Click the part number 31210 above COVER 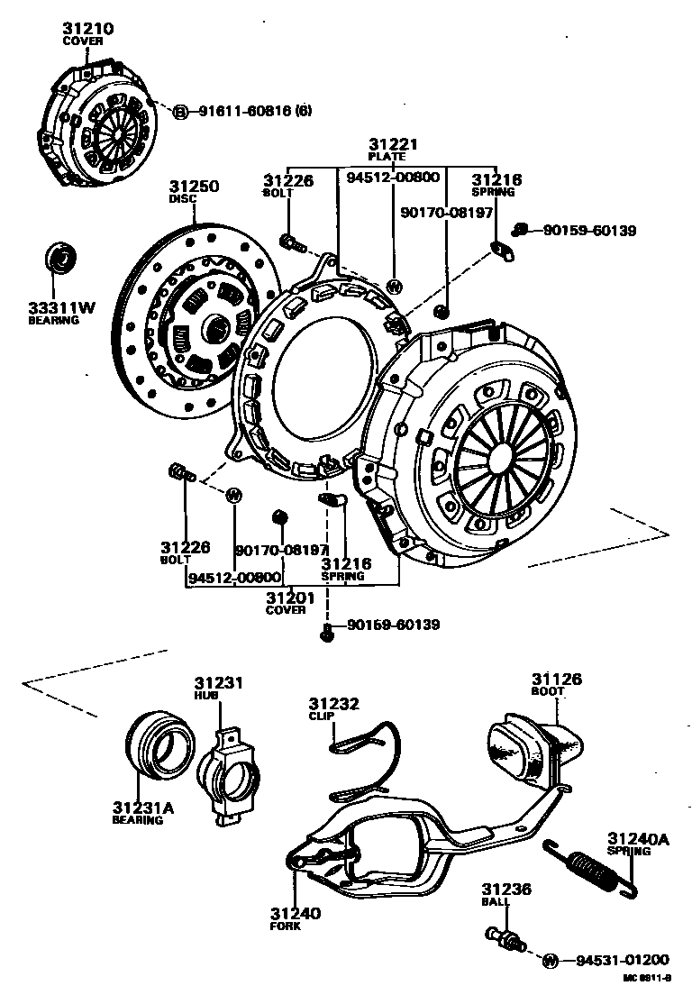87,29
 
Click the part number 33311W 60,307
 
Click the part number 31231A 142,808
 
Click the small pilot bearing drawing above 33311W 63,259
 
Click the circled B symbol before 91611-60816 180,111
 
